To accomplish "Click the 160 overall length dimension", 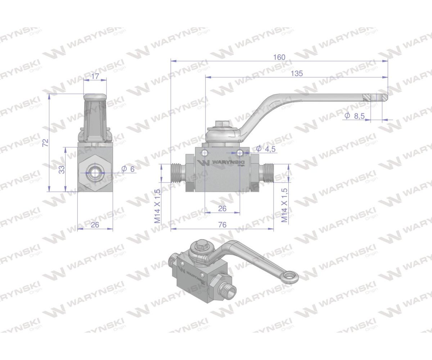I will click(x=279, y=57).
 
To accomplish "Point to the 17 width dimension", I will click(x=95, y=76).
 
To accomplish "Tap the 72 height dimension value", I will click(x=45, y=143).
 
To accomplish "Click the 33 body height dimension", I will click(x=62, y=169).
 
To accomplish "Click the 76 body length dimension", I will click(x=222, y=225).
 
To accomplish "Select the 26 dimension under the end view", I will click(x=95, y=225).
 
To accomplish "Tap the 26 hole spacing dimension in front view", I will click(x=222, y=208).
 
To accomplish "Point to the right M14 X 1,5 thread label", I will click(x=284, y=206).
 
